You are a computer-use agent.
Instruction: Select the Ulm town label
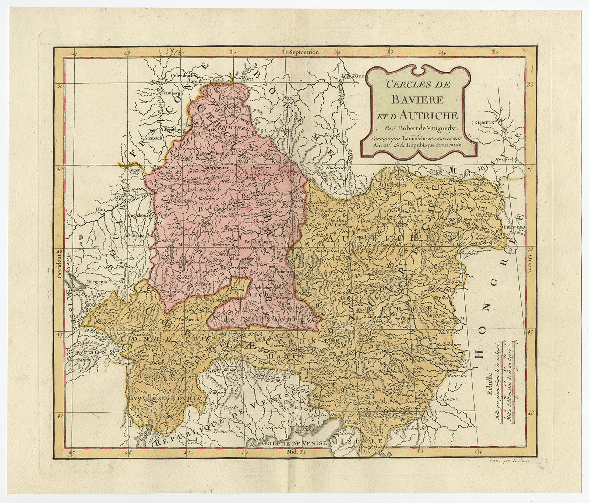click(98, 209)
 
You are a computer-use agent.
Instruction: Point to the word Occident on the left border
click(60, 263)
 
